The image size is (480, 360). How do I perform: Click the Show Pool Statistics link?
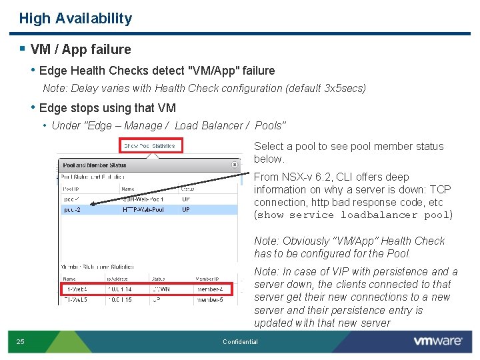[151, 145]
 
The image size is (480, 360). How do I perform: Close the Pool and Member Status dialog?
[235, 164]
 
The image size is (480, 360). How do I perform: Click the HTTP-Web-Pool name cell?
[143, 209]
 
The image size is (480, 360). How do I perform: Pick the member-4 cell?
[209, 289]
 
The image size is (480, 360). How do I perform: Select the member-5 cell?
[209, 299]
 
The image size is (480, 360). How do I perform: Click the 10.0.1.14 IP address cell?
[119, 289]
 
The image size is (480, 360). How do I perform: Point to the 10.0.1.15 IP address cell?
[119, 299]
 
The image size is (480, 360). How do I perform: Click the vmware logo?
[437, 341]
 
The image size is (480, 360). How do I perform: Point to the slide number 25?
[21, 342]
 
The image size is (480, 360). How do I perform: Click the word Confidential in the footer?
[240, 342]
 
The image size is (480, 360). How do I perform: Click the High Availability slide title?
[75, 19]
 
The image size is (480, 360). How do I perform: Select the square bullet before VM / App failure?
[23, 49]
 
